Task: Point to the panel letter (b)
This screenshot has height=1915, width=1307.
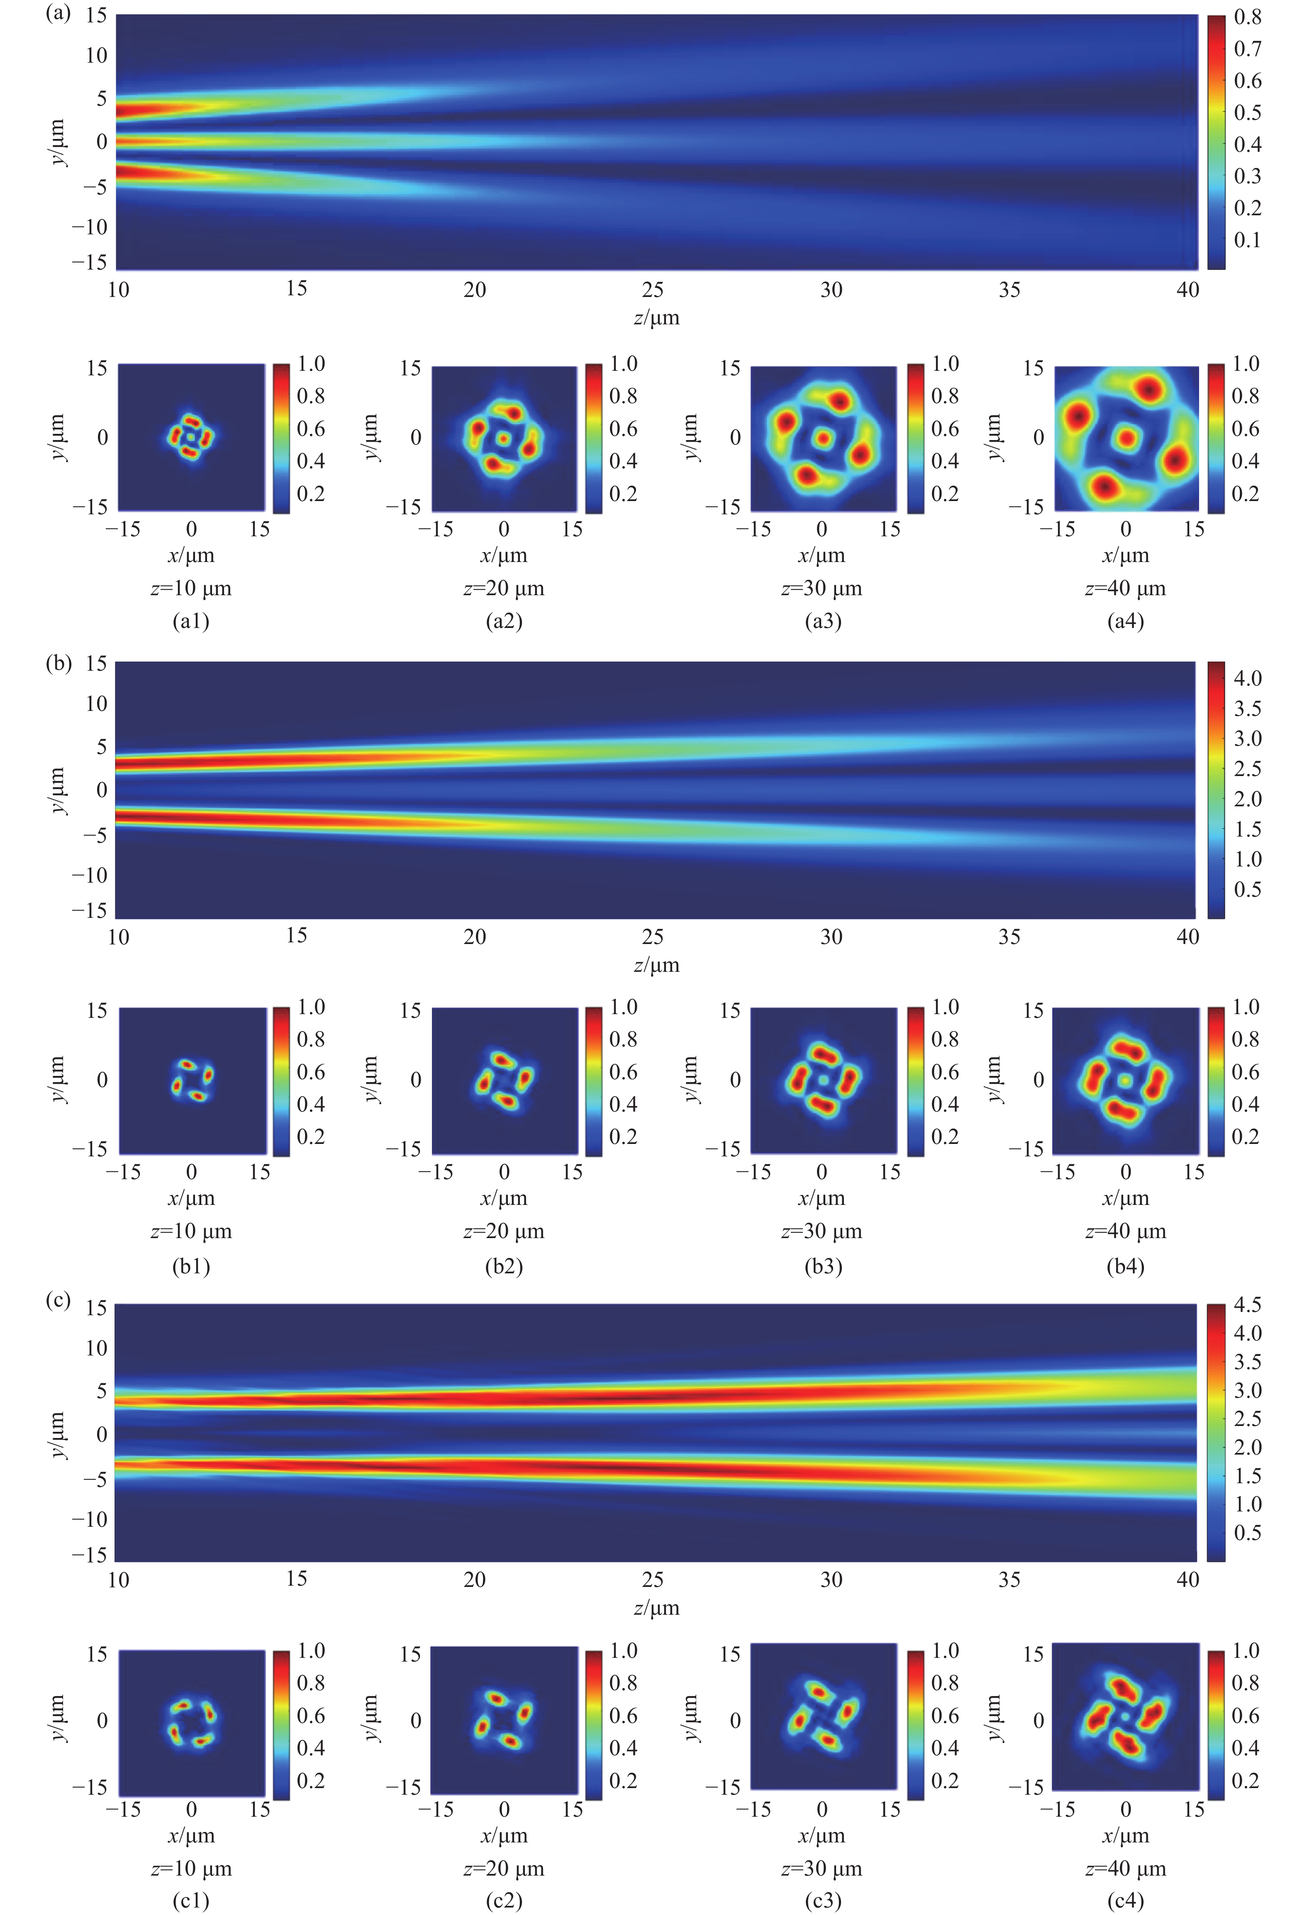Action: [x=58, y=662]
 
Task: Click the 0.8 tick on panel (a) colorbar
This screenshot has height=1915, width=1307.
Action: [x=1247, y=17]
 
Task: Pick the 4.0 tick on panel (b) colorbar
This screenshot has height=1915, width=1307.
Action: [x=1247, y=678]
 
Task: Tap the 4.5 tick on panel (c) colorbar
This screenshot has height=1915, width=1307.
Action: [x=1247, y=1304]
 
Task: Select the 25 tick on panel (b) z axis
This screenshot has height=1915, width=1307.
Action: [x=653, y=937]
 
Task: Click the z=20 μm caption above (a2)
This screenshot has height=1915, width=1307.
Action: [x=504, y=588]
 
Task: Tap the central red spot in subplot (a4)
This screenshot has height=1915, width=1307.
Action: [x=1126, y=438]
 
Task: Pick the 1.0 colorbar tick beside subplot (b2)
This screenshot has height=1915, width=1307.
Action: [x=623, y=1007]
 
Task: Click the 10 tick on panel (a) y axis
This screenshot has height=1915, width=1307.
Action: [x=96, y=55]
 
